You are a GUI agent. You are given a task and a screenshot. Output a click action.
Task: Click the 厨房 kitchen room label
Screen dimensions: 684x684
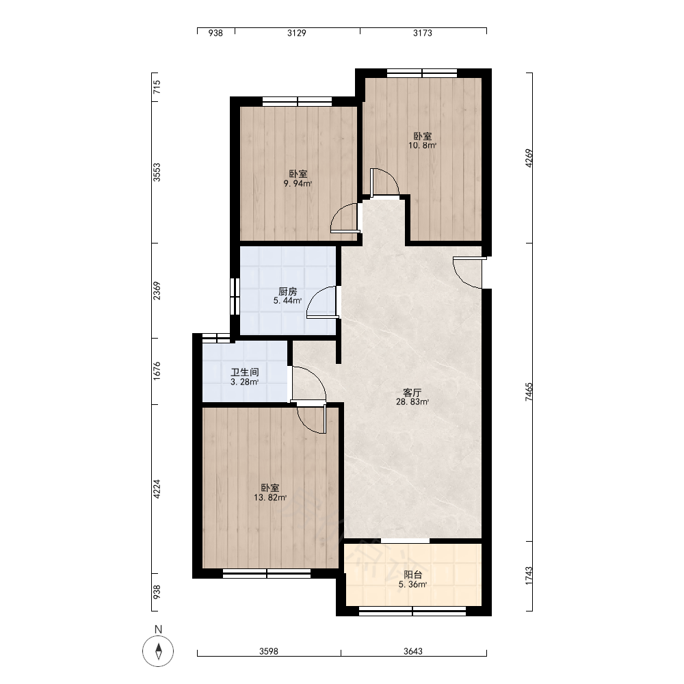[287, 291]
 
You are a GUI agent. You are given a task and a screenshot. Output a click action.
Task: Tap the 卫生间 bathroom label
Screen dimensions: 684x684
[245, 372]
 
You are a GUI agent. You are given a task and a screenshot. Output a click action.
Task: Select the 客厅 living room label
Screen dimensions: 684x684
[412, 392]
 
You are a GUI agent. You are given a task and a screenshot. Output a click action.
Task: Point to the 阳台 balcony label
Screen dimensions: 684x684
[412, 575]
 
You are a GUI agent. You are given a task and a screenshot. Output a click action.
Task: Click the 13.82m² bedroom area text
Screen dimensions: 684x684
[270, 498]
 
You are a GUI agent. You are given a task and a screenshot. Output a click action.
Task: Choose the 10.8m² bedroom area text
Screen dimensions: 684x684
[422, 145]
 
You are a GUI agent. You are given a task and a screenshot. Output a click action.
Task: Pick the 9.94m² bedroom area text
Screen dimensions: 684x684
[298, 183]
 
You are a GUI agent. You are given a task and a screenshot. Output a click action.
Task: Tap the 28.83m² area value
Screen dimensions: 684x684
[412, 402]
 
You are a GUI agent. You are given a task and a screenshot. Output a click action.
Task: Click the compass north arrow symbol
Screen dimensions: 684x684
[159, 651]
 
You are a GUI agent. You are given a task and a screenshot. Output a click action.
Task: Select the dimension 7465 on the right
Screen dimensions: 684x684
[529, 392]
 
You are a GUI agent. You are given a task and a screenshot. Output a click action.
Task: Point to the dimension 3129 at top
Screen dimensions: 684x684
[297, 33]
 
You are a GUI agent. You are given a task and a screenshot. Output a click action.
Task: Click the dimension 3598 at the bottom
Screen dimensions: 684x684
[269, 651]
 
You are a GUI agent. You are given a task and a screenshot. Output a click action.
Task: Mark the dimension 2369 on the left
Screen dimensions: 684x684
[157, 291]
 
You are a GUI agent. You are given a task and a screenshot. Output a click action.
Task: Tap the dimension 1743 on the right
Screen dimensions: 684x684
[529, 576]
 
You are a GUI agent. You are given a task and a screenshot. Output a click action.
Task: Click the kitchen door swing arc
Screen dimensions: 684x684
[315, 294]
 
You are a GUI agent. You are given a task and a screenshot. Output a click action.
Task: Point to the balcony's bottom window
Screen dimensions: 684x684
[412, 611]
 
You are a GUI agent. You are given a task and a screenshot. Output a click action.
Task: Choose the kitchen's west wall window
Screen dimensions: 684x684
[235, 296]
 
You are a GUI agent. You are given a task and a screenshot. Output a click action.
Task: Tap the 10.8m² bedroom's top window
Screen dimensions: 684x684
[422, 73]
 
